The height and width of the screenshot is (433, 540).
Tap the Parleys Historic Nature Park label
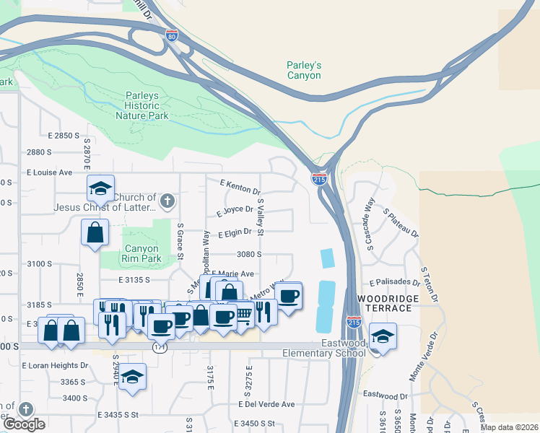(137, 105)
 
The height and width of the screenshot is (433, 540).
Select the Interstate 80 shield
(171, 35)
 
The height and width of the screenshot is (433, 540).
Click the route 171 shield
(160, 348)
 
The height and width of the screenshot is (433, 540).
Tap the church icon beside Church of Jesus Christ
(167, 201)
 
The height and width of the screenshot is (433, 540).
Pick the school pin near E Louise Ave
(100, 189)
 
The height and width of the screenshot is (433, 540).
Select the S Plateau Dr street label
(401, 222)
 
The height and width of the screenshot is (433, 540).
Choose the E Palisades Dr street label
(394, 282)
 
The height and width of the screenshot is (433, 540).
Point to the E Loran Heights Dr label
(54, 365)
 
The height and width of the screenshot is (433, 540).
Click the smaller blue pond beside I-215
(327, 258)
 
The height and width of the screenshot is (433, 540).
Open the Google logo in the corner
(24, 424)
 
